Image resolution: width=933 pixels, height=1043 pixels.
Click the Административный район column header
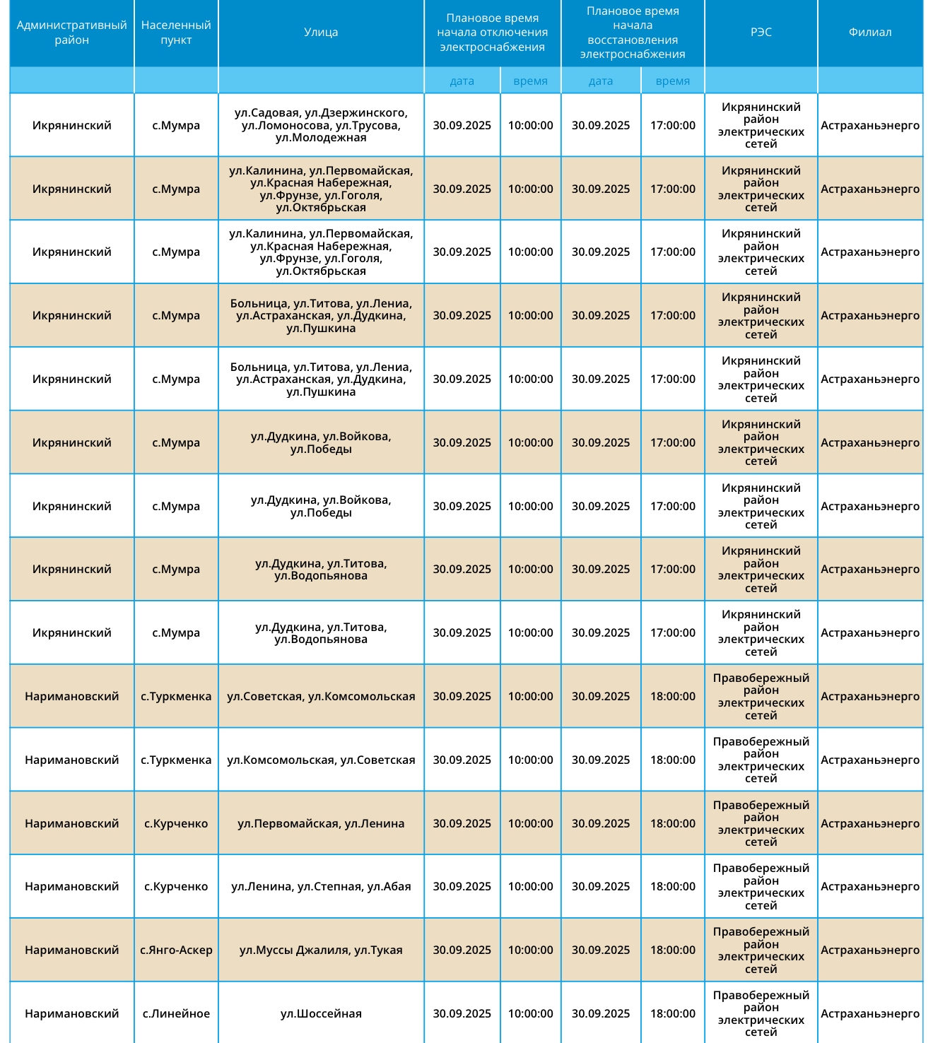(71, 33)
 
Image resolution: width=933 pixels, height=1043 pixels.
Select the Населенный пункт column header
(176, 33)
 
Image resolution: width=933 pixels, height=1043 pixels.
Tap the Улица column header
(321, 33)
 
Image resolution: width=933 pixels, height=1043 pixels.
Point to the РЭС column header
(761, 33)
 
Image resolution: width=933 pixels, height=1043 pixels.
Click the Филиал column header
(870, 33)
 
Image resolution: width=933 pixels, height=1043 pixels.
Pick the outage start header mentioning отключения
(492, 33)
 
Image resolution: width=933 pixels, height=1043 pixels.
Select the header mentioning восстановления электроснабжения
(633, 33)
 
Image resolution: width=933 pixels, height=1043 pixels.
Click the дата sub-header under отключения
(462, 81)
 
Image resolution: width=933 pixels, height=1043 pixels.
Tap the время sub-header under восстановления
(672, 81)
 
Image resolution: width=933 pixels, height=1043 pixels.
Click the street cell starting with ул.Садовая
(321, 125)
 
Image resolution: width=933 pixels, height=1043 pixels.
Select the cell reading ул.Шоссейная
(321, 1013)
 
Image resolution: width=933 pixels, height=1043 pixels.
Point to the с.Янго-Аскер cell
(176, 950)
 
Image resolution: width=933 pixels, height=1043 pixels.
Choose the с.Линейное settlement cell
(176, 1013)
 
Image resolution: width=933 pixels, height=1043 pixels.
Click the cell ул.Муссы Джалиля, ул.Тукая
(321, 950)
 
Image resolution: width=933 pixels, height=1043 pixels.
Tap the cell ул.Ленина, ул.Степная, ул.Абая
(321, 886)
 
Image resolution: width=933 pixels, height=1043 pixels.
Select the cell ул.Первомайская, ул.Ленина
(321, 823)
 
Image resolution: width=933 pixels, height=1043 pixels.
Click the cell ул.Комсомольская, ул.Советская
(321, 760)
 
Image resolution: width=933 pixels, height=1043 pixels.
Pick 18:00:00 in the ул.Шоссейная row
(672, 1013)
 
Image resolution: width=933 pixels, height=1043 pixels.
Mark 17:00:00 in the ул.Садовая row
(672, 125)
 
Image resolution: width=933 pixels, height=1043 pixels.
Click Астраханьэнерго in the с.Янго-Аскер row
(870, 950)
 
